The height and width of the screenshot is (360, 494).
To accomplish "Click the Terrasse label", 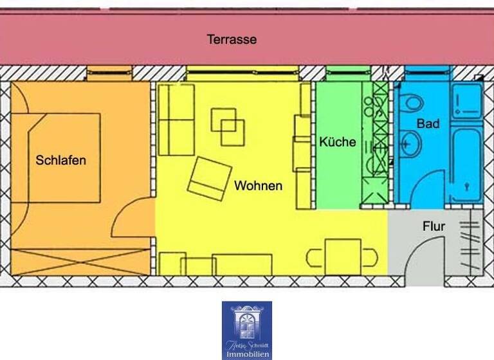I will coord(232,40).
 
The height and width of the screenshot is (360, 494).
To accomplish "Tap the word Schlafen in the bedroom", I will coord(60,160).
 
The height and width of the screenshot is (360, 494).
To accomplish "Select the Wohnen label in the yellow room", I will coord(258,186).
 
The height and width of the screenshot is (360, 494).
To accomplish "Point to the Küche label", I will coord(337,142).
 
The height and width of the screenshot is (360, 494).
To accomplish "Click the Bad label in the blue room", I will coord(428,123).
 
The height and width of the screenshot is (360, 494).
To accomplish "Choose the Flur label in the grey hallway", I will coord(434,226).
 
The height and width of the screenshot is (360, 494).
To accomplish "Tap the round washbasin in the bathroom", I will coord(409,144).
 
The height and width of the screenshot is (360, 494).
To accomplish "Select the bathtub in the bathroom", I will coord(466,164).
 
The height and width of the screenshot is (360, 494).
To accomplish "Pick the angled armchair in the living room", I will coord(209,177).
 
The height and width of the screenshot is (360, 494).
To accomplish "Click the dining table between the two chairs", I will coord(342,256).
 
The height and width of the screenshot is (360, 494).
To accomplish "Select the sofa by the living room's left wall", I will coord(176,120).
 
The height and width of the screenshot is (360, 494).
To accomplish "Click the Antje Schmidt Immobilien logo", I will coord(247,329).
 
